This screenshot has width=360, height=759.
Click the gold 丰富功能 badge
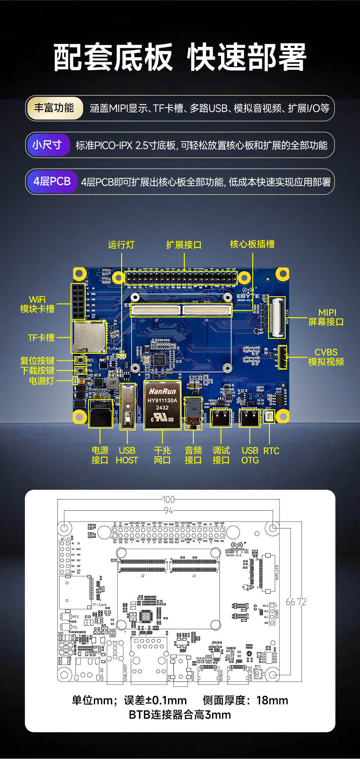tap(54, 108)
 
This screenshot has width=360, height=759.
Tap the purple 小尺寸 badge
tap(48, 145)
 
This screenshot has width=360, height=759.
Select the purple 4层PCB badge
tap(52, 181)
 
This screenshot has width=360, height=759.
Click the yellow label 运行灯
tap(121, 245)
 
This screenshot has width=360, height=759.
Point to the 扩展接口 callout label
tap(184, 245)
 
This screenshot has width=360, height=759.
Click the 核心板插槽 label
tap(252, 244)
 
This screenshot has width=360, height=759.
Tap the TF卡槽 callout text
tap(41, 338)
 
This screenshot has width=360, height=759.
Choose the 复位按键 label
tap(37, 361)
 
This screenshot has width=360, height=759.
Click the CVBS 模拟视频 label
tap(326, 357)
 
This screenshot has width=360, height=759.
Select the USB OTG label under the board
tap(250, 455)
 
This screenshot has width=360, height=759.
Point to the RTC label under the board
tap(271, 451)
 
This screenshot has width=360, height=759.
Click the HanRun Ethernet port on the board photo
tap(162, 405)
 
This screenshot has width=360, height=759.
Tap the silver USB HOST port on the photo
tap(127, 407)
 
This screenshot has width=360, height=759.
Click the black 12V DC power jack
tap(100, 414)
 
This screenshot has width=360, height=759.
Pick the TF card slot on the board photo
tap(89, 338)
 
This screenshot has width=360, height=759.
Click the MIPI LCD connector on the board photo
tap(277, 318)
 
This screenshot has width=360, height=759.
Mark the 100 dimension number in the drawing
tap(168, 500)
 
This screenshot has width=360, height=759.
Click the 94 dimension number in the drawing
tap(168, 511)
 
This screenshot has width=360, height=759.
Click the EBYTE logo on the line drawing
tap(237, 551)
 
